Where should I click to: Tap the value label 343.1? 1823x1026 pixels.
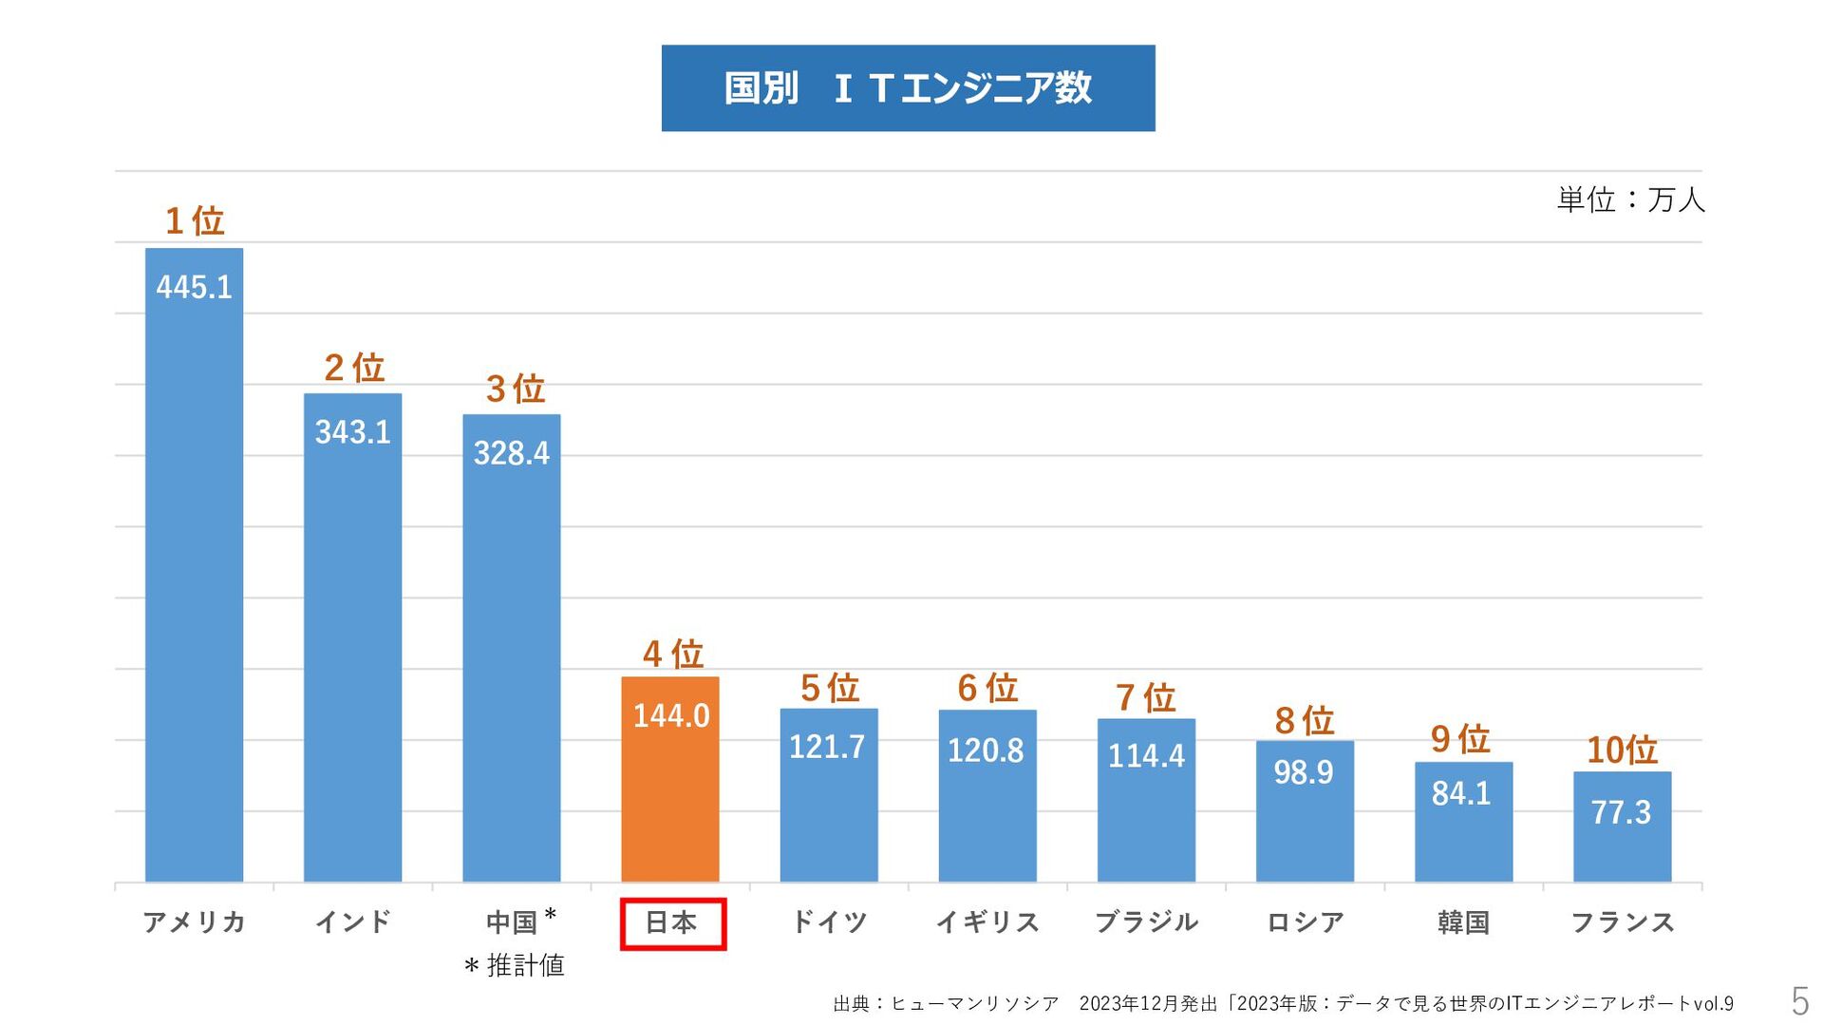point(352,432)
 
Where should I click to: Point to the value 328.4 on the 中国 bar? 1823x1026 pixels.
point(511,453)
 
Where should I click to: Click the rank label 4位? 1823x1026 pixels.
point(672,654)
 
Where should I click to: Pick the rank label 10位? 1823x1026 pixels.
point(1622,750)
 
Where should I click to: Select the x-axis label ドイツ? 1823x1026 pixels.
point(829,921)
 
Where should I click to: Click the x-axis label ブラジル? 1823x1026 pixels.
point(1146,921)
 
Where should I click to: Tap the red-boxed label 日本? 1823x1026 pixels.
point(672,922)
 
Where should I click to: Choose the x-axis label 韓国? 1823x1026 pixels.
point(1463,921)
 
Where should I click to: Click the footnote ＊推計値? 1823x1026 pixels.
point(514,966)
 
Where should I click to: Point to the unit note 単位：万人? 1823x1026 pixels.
point(1630,199)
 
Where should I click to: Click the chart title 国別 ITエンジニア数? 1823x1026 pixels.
point(908,88)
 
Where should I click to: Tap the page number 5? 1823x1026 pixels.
point(1799,1001)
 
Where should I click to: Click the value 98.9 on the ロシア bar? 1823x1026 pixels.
point(1304,772)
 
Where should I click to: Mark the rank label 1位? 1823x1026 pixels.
point(195,220)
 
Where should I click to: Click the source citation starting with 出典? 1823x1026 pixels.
point(1283,1003)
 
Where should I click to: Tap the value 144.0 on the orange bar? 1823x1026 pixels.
point(670,715)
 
